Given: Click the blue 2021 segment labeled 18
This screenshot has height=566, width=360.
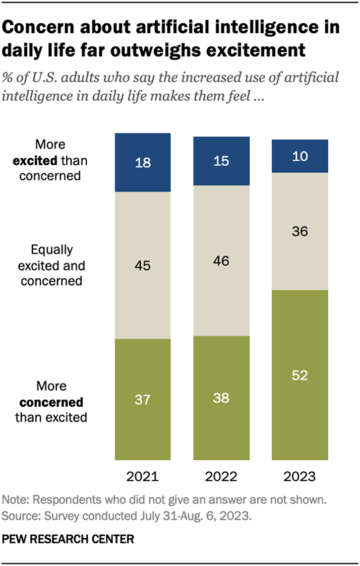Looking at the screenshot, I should click(143, 163).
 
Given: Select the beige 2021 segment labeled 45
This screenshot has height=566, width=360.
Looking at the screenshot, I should click(143, 265).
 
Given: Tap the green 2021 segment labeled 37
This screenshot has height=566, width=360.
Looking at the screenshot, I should click(143, 399).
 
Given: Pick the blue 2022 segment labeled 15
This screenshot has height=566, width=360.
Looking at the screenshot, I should click(222, 161).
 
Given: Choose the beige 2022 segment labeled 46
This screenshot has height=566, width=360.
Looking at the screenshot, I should click(222, 261).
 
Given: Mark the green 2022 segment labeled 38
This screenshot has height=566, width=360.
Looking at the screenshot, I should click(222, 398).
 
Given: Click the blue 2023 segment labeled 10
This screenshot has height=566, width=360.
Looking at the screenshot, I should click(300, 156).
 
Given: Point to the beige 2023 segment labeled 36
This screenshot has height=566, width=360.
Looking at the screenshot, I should click(300, 231).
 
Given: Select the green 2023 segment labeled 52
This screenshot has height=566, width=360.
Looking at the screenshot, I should click(300, 375).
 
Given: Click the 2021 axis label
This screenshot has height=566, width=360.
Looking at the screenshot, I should click(143, 476).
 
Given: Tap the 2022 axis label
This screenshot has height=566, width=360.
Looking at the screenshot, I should click(222, 476).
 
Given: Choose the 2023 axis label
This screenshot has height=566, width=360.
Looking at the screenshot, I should click(300, 476).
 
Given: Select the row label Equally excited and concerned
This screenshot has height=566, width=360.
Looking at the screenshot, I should click(51, 265).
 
